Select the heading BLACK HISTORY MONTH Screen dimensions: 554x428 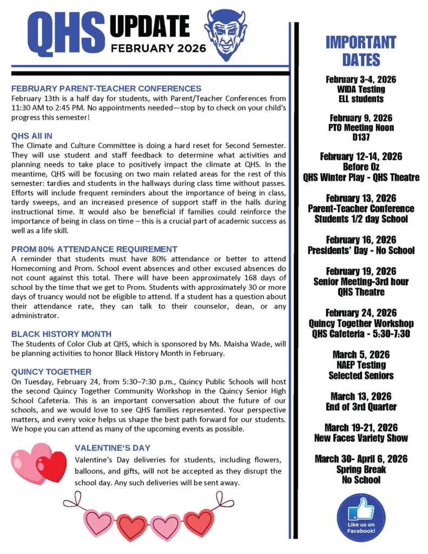click(61, 334)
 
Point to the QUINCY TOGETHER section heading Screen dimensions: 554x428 click(51, 372)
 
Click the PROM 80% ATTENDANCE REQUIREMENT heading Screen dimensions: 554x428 click(94, 249)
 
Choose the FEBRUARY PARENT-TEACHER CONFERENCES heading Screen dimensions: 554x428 click(106, 88)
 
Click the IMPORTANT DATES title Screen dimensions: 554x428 click(361, 50)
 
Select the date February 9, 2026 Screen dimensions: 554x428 click(361, 118)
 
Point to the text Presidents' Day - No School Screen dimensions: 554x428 click(361, 250)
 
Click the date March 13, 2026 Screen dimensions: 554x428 click(361, 397)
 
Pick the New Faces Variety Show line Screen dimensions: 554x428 click(361, 438)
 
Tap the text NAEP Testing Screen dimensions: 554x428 click(361, 365)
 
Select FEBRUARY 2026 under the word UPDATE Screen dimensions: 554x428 click(158, 48)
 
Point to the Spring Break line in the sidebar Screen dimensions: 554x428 click(361, 470)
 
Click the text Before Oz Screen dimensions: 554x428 click(361, 167)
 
